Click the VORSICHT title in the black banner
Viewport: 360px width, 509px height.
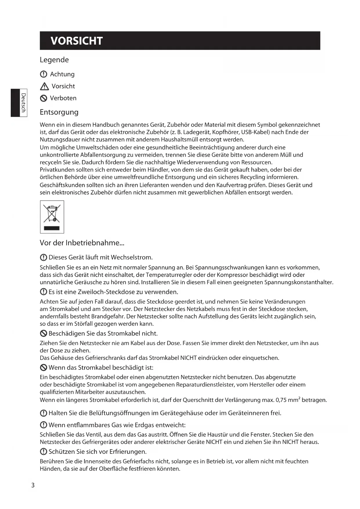(x=77, y=41)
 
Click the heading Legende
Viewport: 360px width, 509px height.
(x=54, y=60)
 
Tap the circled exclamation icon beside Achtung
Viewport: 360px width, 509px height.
(x=43, y=74)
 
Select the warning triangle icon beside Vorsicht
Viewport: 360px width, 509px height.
(x=44, y=86)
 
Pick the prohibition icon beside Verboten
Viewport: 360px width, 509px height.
(x=44, y=98)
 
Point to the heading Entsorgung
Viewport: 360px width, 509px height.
(x=59, y=112)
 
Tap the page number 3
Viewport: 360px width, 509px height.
(x=33, y=485)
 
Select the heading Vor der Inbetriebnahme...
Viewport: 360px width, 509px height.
(x=82, y=243)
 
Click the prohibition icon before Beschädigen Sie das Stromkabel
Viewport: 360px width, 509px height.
(x=44, y=333)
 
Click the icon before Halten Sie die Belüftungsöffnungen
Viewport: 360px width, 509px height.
(x=44, y=413)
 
